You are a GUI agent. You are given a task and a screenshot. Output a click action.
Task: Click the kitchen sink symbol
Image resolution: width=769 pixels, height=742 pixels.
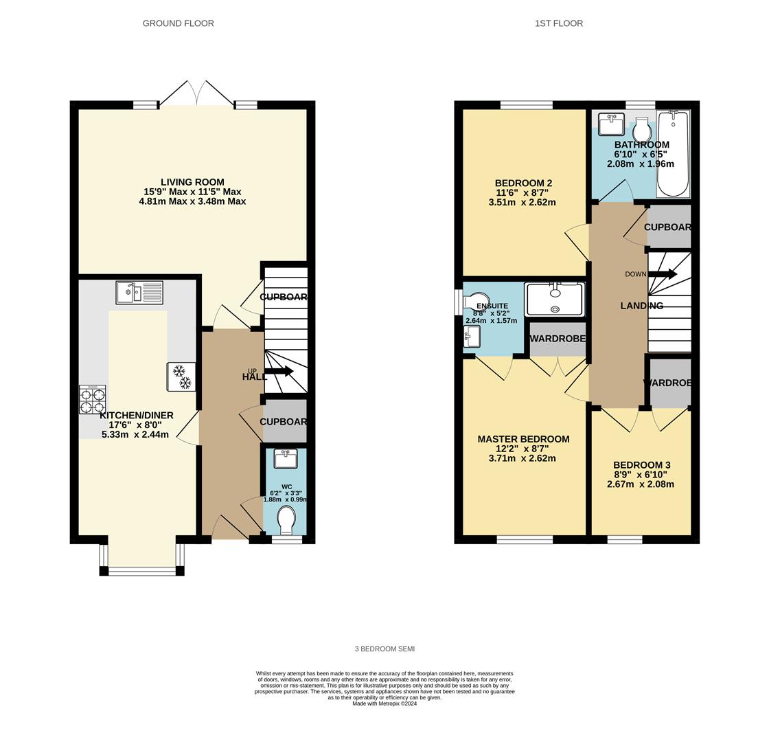tap(139, 293)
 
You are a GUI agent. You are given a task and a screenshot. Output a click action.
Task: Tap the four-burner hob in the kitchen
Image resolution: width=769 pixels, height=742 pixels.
tap(93, 400)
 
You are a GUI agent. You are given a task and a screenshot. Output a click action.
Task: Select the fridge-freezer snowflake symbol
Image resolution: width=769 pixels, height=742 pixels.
tap(181, 377)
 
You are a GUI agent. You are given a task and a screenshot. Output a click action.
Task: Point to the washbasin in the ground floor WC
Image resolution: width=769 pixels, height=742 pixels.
tap(285, 458)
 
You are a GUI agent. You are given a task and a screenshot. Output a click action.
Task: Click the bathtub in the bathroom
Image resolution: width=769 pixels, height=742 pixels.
tap(673, 155)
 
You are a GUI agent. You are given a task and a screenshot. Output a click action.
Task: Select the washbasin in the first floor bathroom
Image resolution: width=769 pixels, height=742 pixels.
tap(611, 125)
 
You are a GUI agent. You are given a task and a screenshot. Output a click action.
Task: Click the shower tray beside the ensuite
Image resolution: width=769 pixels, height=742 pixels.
tap(555, 300)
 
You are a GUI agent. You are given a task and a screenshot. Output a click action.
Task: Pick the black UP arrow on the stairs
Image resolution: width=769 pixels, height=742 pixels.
tap(279, 372)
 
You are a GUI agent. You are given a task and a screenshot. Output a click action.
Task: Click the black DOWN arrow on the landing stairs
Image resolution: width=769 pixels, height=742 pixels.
tap(663, 274)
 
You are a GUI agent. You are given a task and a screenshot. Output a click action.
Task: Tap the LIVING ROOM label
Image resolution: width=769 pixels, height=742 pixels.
tap(192, 183)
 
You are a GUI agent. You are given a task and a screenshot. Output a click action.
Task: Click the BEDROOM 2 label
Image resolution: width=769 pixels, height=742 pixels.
tap(523, 183)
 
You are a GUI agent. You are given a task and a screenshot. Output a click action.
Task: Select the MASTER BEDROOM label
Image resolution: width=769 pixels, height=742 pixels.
tap(523, 440)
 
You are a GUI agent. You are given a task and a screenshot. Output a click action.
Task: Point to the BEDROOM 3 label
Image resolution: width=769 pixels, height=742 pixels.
tap(641, 465)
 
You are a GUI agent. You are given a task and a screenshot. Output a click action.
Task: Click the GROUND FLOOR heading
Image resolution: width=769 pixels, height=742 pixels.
tap(178, 23)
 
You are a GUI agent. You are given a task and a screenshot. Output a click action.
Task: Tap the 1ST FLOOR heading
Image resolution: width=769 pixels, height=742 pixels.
tap(559, 23)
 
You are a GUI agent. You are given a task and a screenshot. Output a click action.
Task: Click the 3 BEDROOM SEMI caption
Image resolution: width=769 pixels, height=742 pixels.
tap(384, 649)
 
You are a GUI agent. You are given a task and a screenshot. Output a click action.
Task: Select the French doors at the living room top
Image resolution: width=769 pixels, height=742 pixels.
tap(197, 95)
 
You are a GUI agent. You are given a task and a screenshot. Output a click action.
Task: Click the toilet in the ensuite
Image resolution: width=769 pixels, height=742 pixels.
tap(477, 301)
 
